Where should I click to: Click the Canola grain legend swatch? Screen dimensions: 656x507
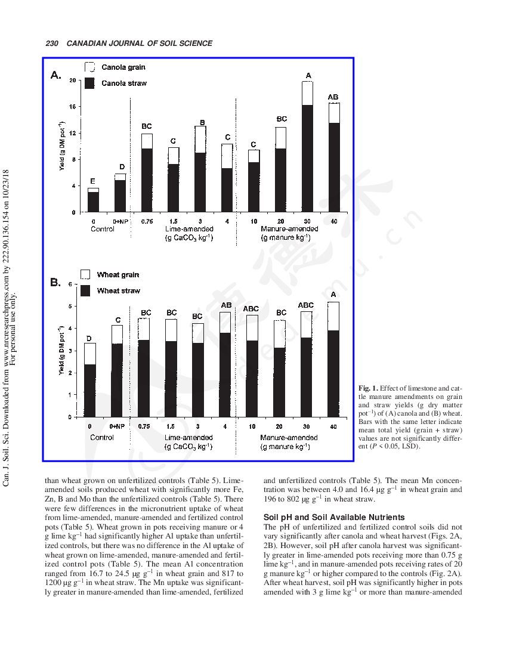(89, 67)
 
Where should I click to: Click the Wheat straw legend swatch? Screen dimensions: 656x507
(85, 290)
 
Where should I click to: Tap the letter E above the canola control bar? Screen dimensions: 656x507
(92, 181)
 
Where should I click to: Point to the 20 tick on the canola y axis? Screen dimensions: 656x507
(72, 80)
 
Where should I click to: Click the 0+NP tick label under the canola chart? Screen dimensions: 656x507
(120, 222)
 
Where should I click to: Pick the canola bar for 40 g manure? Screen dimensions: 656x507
(333, 157)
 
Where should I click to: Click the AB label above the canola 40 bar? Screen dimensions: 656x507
(333, 97)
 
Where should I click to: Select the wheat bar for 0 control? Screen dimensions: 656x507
(89, 380)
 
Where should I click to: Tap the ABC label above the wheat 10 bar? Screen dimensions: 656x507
(251, 309)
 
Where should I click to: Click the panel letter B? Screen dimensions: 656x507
(55, 282)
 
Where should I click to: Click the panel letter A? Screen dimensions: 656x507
(55, 75)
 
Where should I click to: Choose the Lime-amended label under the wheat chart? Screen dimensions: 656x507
(188, 438)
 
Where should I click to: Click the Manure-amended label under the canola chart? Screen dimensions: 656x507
(289, 229)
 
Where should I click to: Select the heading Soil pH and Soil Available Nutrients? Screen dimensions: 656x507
(334, 517)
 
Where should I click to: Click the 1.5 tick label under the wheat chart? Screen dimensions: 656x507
(171, 426)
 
